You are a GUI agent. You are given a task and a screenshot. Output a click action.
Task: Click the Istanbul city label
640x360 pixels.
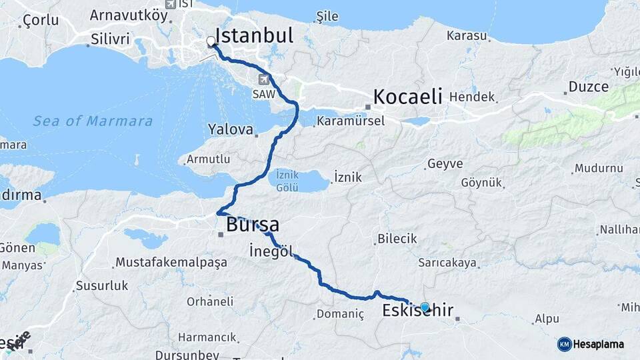click(255, 36)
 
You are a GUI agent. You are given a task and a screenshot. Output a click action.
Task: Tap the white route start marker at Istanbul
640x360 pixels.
click(211, 42)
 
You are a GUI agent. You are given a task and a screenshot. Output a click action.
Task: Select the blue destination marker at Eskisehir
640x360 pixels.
click(425, 307)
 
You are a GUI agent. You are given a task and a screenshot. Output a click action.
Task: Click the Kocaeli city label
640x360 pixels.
click(407, 97)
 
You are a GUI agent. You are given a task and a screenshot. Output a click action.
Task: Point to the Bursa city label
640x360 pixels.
click(253, 225)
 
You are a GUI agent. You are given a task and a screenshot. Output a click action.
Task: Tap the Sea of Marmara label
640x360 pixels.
click(93, 121)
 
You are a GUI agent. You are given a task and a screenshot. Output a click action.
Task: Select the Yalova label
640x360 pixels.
click(231, 129)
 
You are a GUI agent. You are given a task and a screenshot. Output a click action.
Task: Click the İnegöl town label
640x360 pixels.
click(270, 251)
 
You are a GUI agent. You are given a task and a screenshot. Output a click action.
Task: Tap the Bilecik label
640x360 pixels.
click(397, 239)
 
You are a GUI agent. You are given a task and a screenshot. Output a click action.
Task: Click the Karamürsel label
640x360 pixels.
click(351, 121)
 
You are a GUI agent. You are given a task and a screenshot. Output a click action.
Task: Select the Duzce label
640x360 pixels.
click(589, 87)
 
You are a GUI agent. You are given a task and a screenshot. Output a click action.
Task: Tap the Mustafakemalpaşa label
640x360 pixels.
click(171, 263)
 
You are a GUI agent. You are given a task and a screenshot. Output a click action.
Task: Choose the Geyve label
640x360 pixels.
click(445, 164)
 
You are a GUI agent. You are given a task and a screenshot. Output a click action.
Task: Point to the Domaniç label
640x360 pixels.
click(340, 314)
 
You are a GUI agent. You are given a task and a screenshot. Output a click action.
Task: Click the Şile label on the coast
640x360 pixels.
click(327, 17)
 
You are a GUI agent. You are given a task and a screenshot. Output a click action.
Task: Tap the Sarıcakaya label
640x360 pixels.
click(447, 263)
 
